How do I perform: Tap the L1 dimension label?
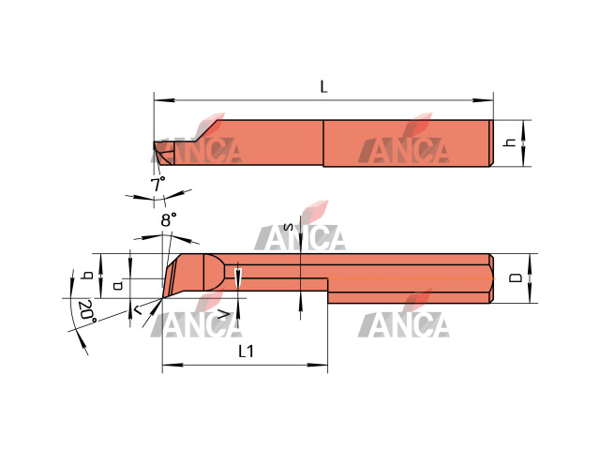coord(247,352)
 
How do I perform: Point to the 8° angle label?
coord(168,220)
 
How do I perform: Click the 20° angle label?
coord(86,312)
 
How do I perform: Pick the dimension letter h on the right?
coord(510,142)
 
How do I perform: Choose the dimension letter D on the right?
coord(516,277)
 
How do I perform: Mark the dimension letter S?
coord(288,228)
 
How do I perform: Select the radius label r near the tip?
coord(136,307)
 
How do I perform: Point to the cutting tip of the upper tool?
coord(157,146)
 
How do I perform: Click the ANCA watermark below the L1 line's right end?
coord(403,322)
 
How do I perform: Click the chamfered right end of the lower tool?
coord(491,278)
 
